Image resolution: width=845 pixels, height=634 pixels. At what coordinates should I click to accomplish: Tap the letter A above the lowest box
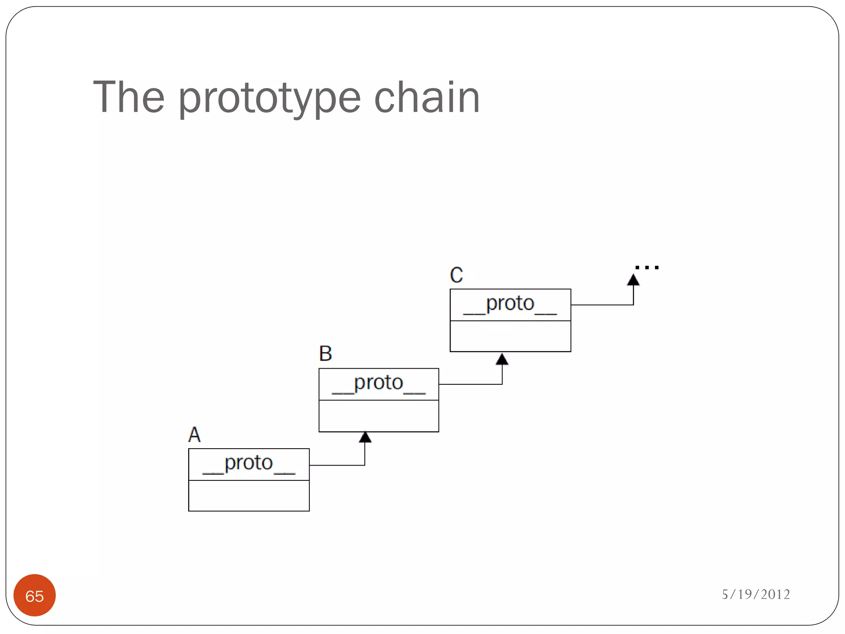[194, 435]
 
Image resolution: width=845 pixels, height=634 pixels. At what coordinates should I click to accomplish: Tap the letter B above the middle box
[325, 354]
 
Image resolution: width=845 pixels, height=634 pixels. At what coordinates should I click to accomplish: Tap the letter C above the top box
[456, 275]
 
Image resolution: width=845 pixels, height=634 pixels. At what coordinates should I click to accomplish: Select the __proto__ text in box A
[249, 464]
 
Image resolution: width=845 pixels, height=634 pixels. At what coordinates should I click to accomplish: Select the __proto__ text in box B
[378, 383]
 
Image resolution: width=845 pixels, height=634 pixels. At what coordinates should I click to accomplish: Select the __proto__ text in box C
[510, 304]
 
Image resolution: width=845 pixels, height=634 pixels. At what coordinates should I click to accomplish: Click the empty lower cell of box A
[249, 495]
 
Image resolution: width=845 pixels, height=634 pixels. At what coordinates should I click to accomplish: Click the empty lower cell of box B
[378, 416]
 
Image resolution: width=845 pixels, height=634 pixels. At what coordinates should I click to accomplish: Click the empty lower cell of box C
[510, 336]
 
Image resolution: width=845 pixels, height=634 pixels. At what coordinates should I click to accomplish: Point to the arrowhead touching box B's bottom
[365, 438]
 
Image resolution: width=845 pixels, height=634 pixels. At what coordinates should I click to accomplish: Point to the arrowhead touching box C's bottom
[502, 360]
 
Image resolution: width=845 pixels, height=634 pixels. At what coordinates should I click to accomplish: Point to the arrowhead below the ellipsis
[633, 280]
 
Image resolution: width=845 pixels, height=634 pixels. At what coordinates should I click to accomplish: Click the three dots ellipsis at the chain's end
[647, 267]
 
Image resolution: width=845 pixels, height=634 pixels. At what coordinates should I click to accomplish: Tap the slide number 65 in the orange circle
[35, 596]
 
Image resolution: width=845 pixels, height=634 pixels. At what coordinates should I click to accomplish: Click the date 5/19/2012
[755, 594]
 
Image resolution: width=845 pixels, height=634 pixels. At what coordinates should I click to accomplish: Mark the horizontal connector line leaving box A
[336, 465]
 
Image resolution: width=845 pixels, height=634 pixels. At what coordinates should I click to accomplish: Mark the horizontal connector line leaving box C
[602, 305]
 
